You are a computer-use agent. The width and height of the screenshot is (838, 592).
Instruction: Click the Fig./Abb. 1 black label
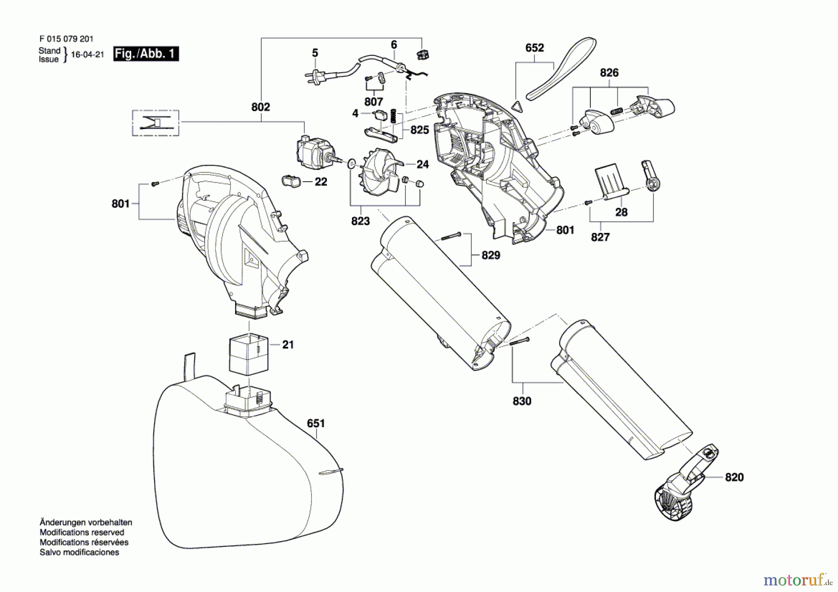146,54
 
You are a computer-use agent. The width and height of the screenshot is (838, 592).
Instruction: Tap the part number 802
260,107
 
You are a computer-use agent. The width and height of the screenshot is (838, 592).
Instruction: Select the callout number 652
534,48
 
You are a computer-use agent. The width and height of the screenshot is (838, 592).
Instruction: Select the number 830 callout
522,401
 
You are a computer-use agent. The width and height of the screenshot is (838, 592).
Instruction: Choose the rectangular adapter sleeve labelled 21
249,354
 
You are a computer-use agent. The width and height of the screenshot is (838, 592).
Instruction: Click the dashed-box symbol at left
155,123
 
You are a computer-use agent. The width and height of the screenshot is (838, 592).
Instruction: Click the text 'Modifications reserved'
82,532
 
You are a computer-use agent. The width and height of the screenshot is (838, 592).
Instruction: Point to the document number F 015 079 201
67,39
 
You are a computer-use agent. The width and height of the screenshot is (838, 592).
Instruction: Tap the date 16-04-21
88,54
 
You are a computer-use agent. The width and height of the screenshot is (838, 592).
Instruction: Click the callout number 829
491,255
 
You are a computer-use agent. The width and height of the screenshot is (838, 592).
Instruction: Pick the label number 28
621,212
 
